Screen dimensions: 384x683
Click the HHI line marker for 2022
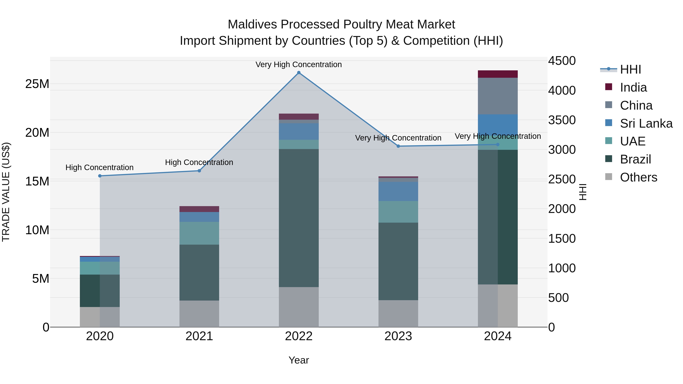pyautogui.click(x=299, y=73)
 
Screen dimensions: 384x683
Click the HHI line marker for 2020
pyautogui.click(x=100, y=176)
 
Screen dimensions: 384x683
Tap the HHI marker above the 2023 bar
pyautogui.click(x=398, y=146)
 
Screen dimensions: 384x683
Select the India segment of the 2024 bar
pyautogui.click(x=497, y=74)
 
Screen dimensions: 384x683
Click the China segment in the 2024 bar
pyautogui.click(x=497, y=96)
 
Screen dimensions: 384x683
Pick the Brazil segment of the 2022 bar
pyautogui.click(x=299, y=218)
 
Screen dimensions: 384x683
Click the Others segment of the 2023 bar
pyautogui.click(x=398, y=313)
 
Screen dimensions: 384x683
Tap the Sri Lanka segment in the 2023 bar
pyautogui.click(x=398, y=191)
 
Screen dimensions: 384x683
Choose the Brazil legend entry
pyautogui.click(x=635, y=159)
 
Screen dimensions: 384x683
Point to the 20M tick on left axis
pyautogui.click(x=37, y=133)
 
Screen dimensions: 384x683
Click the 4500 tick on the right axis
pyautogui.click(x=562, y=61)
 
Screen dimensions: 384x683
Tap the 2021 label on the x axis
pyautogui.click(x=199, y=336)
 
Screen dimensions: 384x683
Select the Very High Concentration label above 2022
pyautogui.click(x=299, y=64)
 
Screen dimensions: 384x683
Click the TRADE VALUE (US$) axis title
pyautogui.click(x=6, y=192)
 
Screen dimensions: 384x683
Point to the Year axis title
pyautogui.click(x=299, y=360)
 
